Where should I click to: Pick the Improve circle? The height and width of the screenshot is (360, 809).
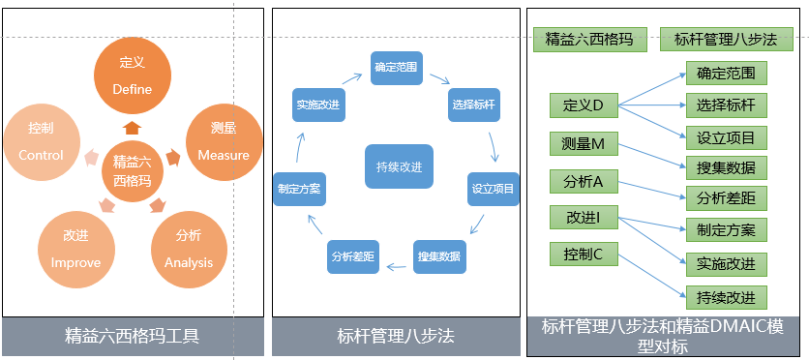(x=75, y=249)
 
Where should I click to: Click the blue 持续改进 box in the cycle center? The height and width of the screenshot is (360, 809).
(x=399, y=166)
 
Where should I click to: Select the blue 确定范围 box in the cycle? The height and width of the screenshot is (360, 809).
(x=395, y=68)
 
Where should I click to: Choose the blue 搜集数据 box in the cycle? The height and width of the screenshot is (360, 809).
(x=438, y=255)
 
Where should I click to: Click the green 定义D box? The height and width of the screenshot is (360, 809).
(x=584, y=104)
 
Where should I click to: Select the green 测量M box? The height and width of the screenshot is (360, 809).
(x=584, y=143)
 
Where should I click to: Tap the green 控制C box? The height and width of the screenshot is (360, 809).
(x=584, y=255)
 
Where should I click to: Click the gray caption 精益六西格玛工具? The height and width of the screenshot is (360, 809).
(x=132, y=337)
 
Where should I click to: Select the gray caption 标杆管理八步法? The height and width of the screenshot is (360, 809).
(x=396, y=337)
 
